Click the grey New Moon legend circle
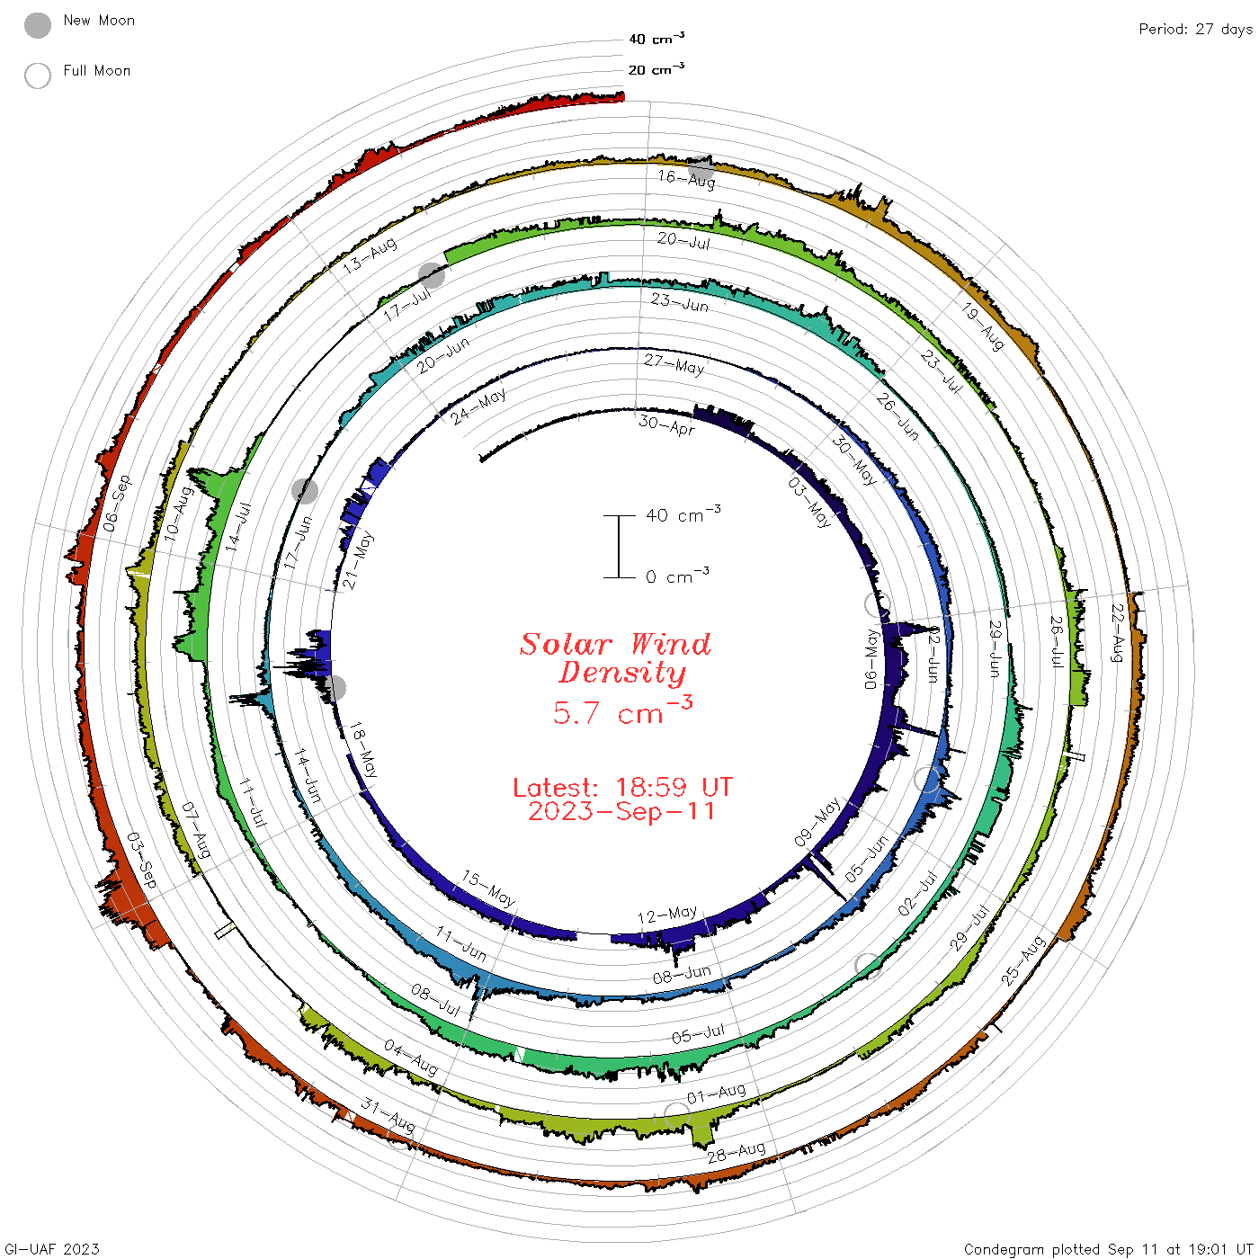(x=37, y=25)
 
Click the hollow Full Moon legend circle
(x=37, y=76)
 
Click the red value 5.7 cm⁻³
(x=621, y=710)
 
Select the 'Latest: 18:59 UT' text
(x=622, y=787)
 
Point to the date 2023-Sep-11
(x=621, y=811)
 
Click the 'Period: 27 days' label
(x=1196, y=29)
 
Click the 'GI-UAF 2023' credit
(x=52, y=1248)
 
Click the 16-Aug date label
(x=686, y=178)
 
